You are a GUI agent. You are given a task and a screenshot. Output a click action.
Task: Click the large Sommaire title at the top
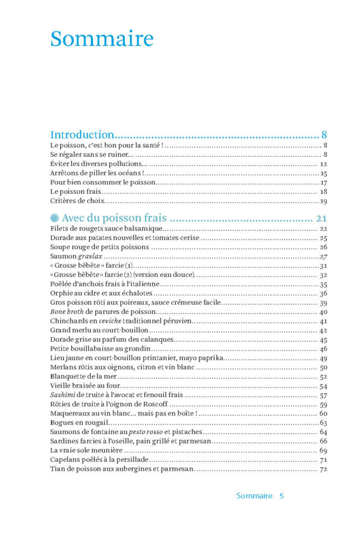coord(102,39)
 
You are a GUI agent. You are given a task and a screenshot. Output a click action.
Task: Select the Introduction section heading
coord(82,134)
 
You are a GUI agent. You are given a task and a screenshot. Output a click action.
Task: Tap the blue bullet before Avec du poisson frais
coord(55,218)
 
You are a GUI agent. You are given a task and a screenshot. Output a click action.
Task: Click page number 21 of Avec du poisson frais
coord(322,218)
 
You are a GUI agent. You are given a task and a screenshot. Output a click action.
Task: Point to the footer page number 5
coord(282,495)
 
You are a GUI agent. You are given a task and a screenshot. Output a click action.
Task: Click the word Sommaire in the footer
coord(254,495)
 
